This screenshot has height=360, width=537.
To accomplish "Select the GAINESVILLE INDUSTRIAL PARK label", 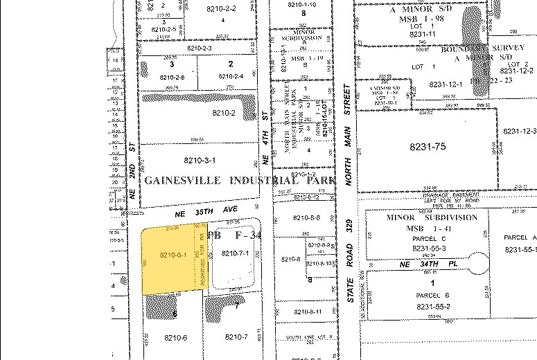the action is [x=238, y=180].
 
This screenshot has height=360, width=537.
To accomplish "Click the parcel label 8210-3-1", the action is [x=200, y=161].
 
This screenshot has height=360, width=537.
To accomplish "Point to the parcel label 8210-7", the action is [x=236, y=337].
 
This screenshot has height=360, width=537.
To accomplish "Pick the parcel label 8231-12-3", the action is [x=520, y=131].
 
